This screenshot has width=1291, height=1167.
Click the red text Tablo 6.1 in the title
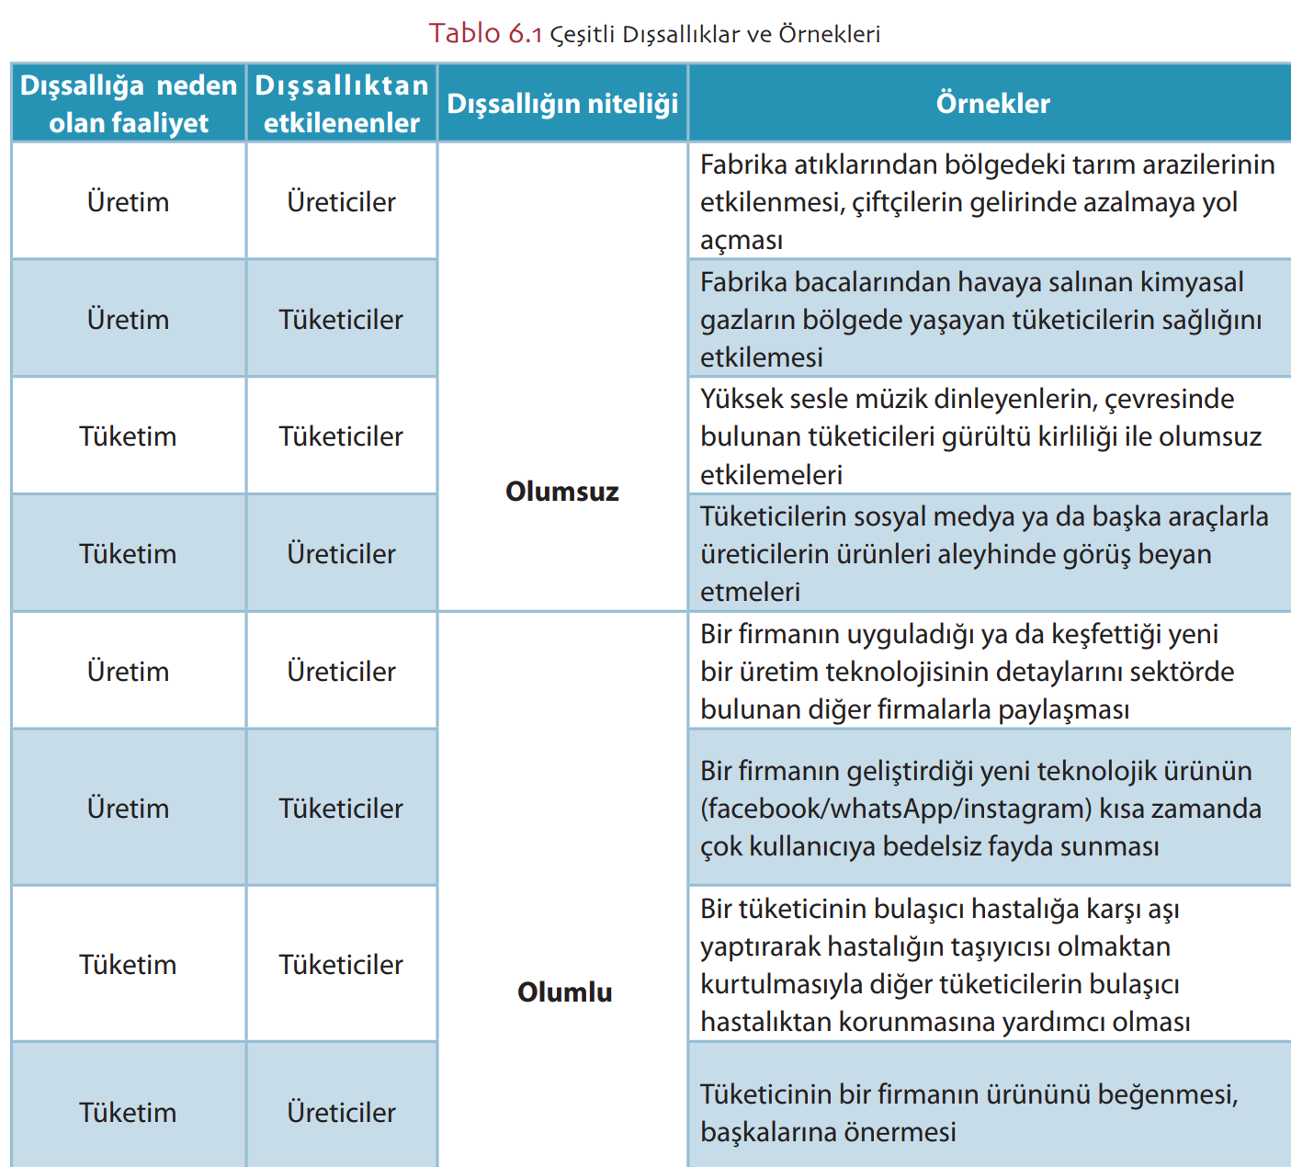point(485,33)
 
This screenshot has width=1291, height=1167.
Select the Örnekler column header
point(992,103)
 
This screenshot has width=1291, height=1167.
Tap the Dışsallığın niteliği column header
point(562,103)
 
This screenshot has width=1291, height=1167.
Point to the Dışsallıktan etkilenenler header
point(342,103)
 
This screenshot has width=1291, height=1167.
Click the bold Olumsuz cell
point(562,492)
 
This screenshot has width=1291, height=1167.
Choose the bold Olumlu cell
point(564,992)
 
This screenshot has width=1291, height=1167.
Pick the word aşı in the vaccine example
point(1163,909)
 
